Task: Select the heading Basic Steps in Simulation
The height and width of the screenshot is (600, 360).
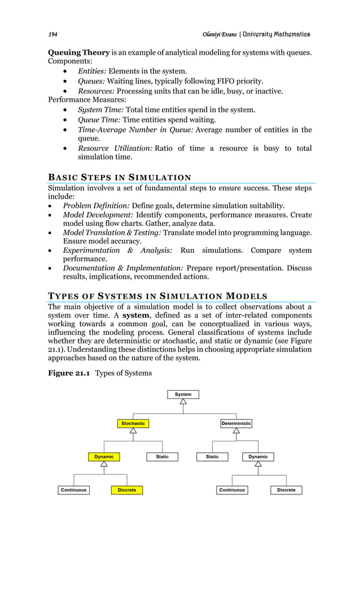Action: pyautogui.click(x=119, y=178)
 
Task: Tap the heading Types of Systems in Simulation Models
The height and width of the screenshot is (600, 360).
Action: pyautogui.click(x=157, y=296)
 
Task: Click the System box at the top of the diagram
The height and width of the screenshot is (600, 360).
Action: pyautogui.click(x=183, y=394)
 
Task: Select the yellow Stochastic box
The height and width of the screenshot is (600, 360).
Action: pyautogui.click(x=133, y=423)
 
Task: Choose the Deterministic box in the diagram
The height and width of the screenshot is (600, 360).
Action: pyautogui.click(x=236, y=423)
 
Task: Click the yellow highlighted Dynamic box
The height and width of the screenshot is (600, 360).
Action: pyautogui.click(x=104, y=457)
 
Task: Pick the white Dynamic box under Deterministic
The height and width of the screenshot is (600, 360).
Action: pyautogui.click(x=258, y=457)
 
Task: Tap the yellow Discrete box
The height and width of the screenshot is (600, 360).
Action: pyautogui.click(x=127, y=490)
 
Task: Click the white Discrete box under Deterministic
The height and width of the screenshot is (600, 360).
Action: pyautogui.click(x=286, y=490)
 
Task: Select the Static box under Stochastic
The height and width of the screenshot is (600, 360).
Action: pyautogui.click(x=162, y=457)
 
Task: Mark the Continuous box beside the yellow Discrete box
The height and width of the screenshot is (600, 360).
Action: pyautogui.click(x=73, y=490)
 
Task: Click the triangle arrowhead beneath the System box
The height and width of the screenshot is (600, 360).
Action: pyautogui.click(x=183, y=402)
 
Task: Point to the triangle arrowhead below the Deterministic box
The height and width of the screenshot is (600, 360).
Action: pyautogui.click(x=236, y=431)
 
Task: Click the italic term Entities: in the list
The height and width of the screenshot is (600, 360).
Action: pyautogui.click(x=91, y=71)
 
